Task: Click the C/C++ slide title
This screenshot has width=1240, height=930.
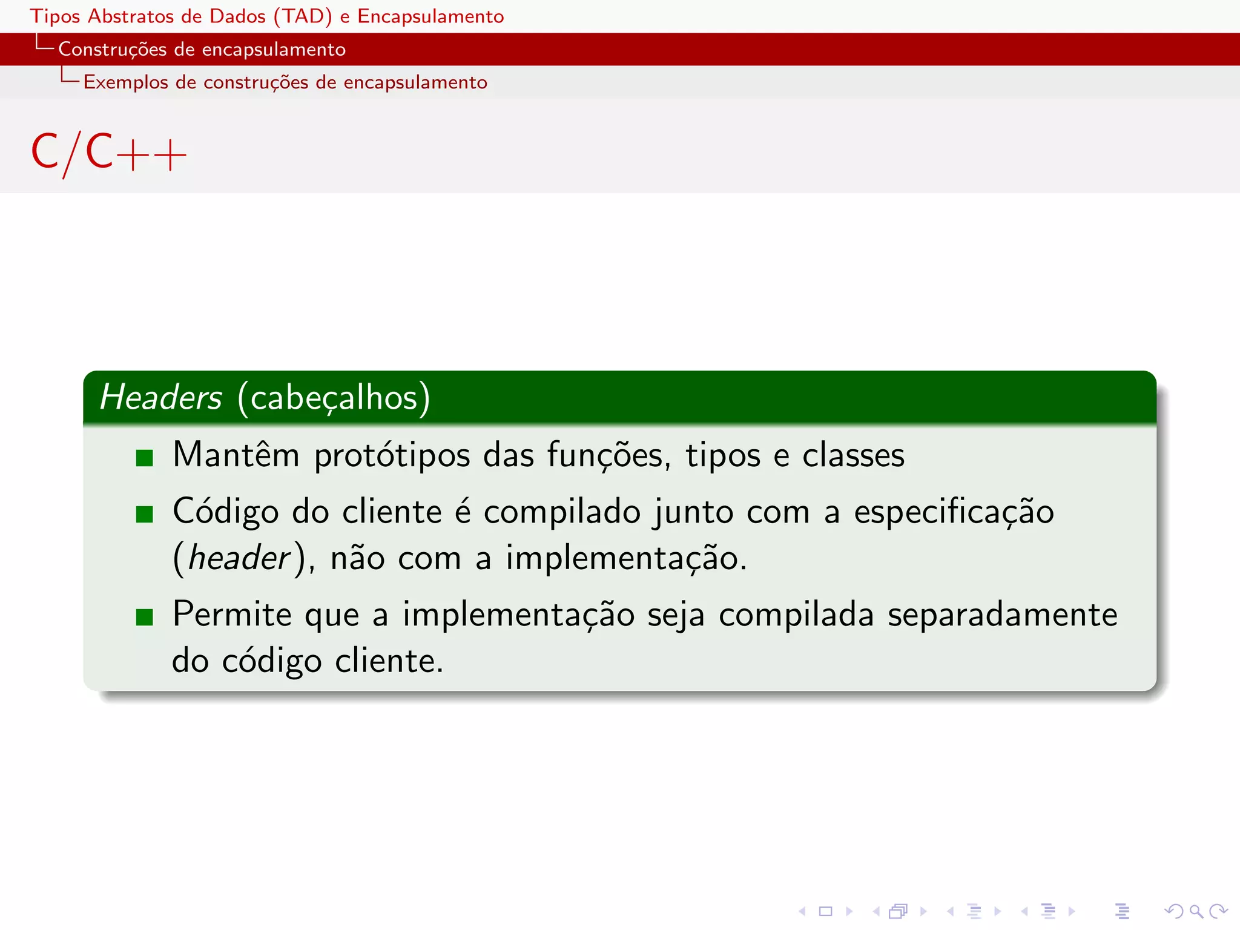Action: point(108,153)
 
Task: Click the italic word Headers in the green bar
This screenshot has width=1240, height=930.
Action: point(161,398)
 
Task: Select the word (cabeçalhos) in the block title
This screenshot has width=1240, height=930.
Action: point(334,398)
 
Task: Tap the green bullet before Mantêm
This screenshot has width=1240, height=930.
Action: point(145,458)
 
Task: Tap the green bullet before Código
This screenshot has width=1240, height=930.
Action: point(145,514)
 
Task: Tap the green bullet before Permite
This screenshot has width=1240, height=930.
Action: point(145,617)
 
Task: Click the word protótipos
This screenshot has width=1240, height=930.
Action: point(392,455)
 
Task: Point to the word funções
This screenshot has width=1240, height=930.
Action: point(608,455)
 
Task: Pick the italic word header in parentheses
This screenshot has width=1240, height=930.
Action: point(240,558)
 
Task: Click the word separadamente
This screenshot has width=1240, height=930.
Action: point(1002,615)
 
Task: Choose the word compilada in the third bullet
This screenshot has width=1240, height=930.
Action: point(796,615)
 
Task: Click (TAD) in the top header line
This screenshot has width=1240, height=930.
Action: point(302,16)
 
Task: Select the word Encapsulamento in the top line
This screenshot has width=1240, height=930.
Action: point(430,16)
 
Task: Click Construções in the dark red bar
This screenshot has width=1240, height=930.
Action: point(112,49)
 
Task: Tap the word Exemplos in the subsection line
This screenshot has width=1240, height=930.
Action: point(125,82)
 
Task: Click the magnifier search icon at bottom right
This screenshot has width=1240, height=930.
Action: point(1196,911)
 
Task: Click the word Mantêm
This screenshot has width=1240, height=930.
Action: point(236,455)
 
